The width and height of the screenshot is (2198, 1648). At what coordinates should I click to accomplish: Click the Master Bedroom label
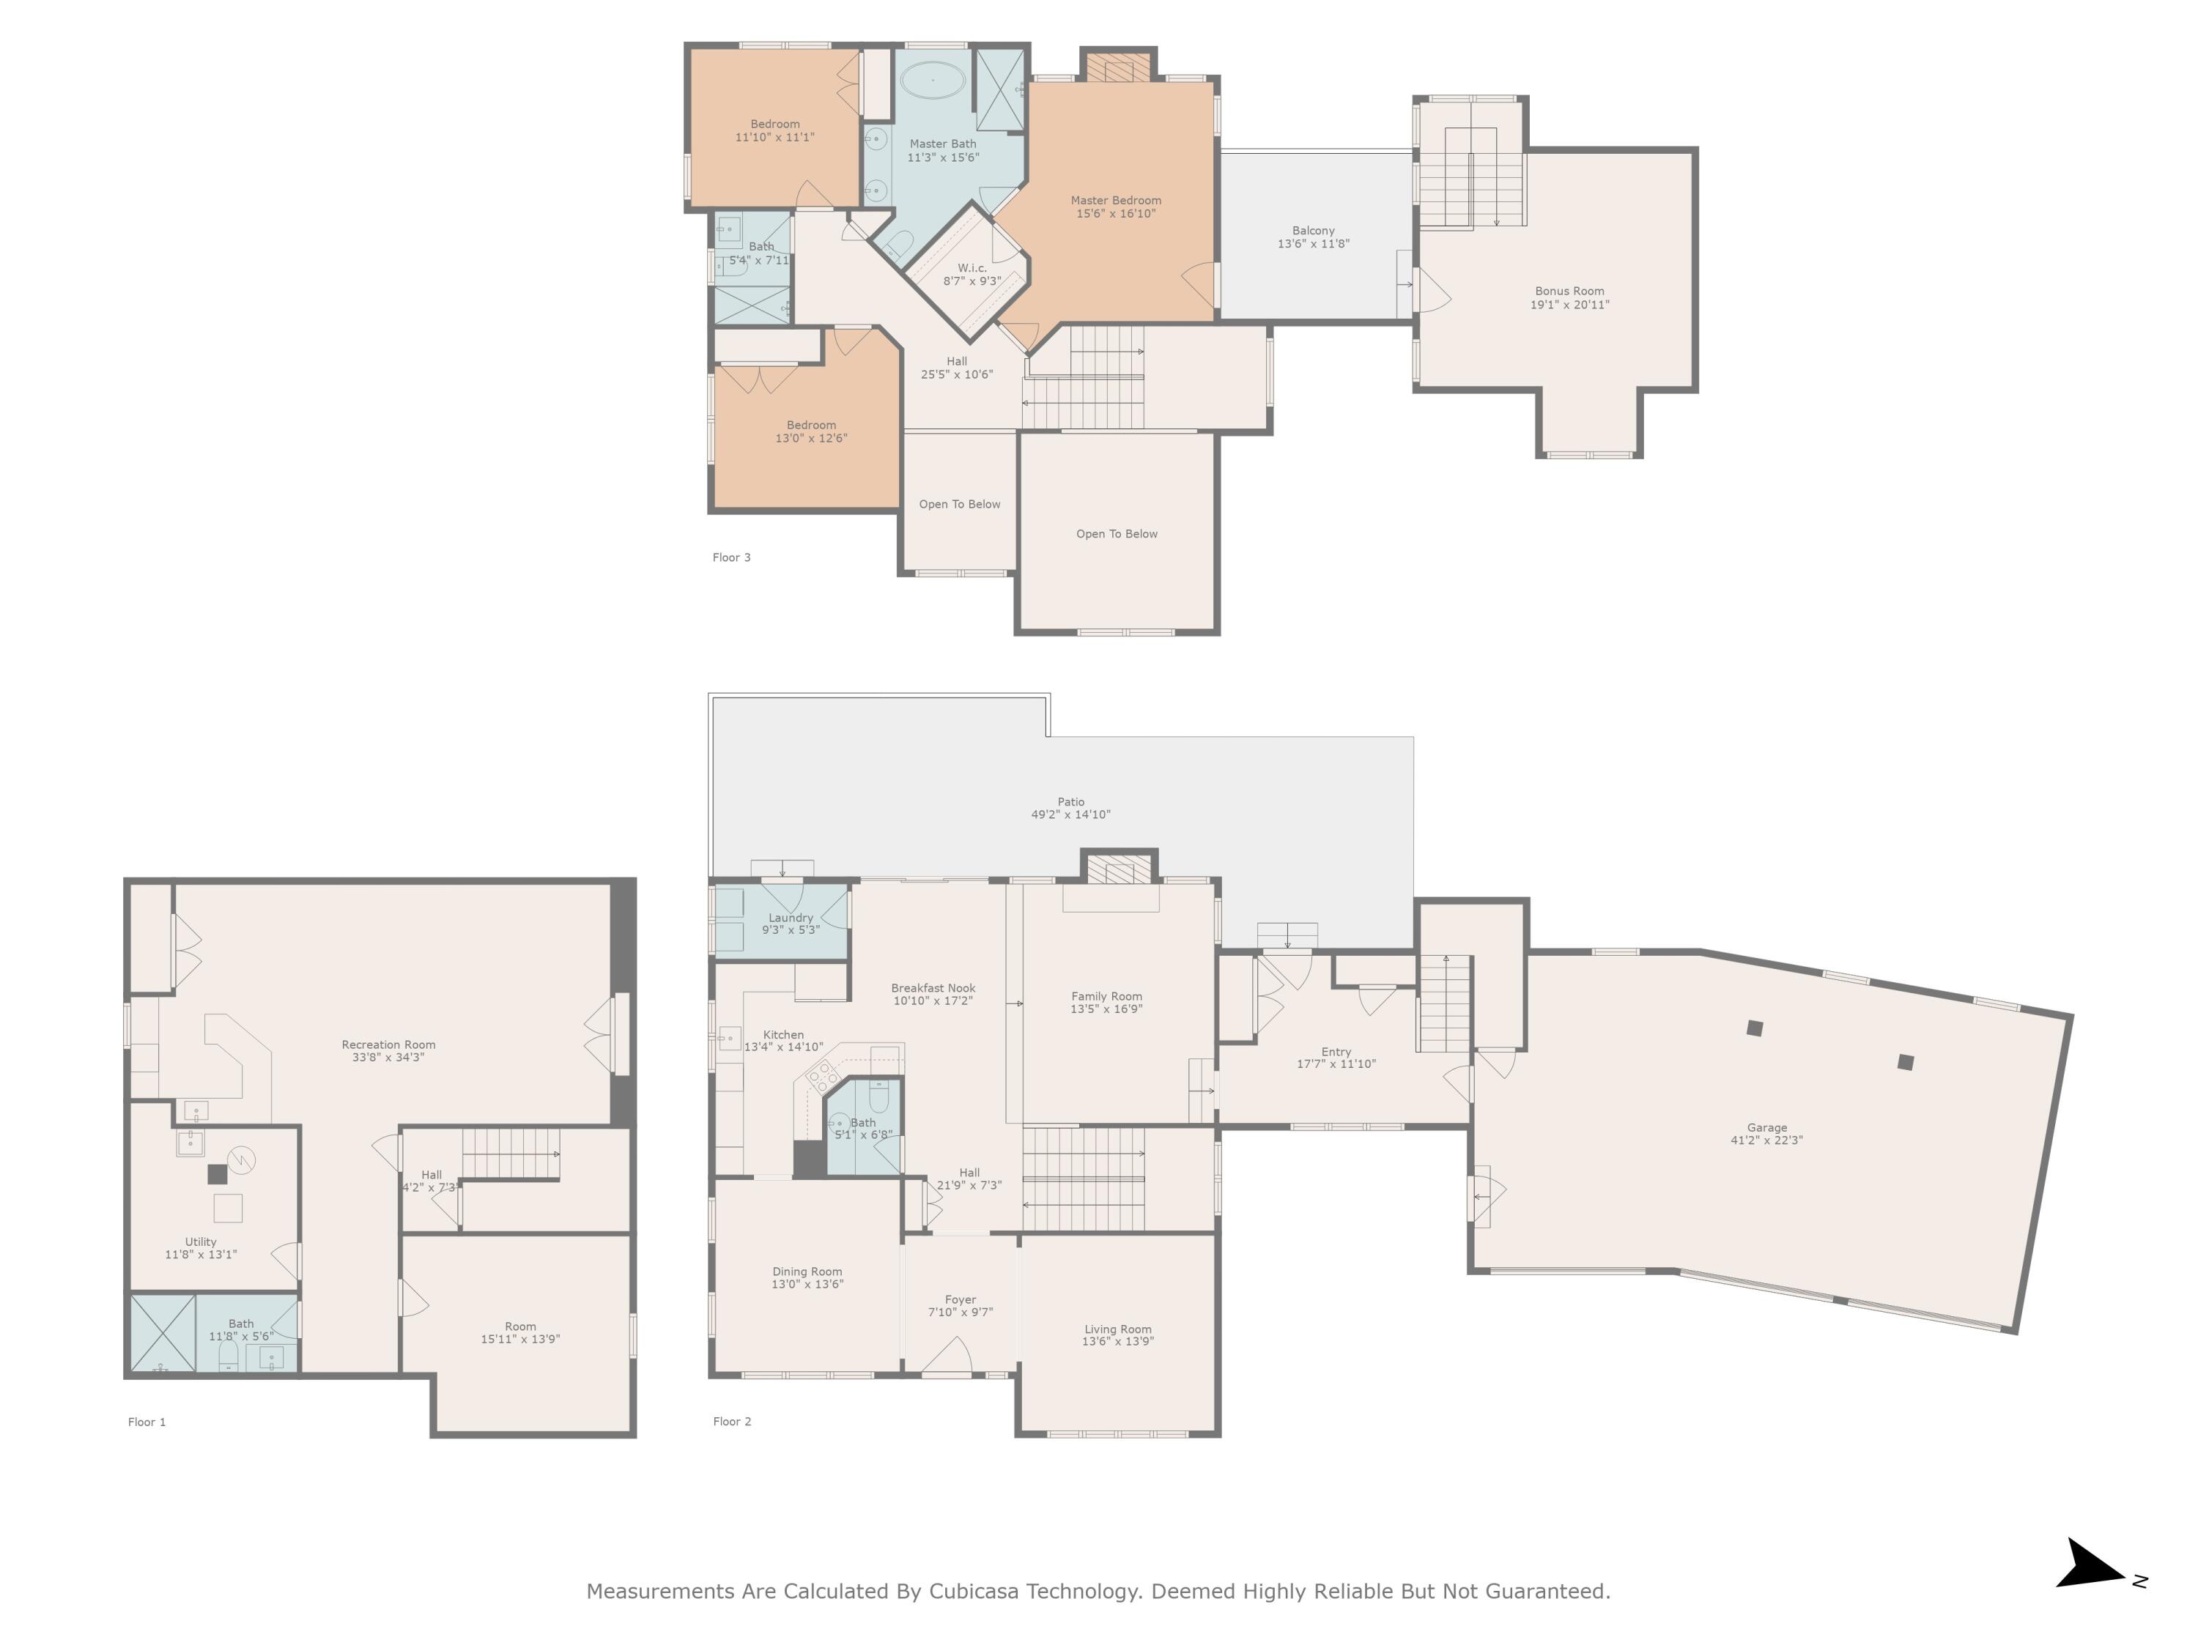(x=1115, y=200)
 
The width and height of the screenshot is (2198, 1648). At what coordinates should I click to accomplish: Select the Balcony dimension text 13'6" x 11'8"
(x=1313, y=243)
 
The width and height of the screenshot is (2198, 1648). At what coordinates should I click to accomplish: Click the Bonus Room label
(x=1569, y=291)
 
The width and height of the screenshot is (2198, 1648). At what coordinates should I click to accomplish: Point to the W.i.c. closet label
(x=972, y=268)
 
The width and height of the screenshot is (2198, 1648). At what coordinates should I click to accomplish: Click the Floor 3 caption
(x=731, y=557)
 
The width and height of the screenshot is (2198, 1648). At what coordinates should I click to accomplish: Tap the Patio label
(x=1070, y=801)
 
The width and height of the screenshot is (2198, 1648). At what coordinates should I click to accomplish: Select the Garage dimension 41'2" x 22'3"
(x=1766, y=1140)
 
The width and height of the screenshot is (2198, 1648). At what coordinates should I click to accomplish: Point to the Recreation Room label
(x=388, y=1044)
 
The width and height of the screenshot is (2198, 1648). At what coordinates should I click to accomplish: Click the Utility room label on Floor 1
(x=201, y=1241)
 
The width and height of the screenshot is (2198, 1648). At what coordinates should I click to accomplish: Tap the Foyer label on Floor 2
(x=960, y=1299)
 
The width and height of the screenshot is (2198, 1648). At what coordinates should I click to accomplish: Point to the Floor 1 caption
(x=147, y=1422)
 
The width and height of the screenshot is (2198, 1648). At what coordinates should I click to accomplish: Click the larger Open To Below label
(x=1117, y=533)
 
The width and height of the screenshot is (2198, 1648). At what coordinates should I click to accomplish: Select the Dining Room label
(x=807, y=1272)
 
